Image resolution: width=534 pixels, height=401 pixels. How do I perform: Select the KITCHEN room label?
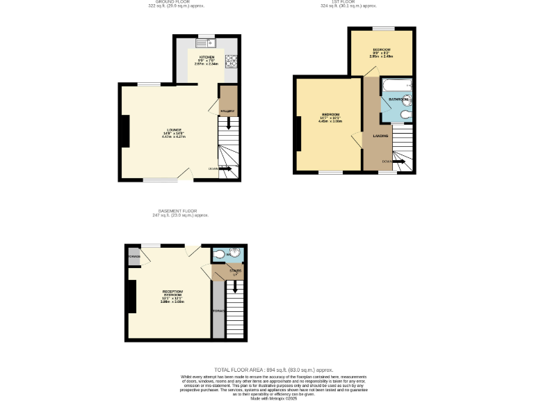[x=207, y=56]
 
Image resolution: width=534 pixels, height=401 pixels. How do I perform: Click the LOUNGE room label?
[x=168, y=130]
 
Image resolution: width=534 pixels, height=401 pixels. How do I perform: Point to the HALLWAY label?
[x=227, y=111]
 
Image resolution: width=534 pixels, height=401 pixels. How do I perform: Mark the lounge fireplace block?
[x=125, y=131]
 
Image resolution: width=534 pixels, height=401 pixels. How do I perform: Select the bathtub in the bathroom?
[x=397, y=86]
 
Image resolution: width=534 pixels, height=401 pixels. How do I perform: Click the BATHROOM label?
[x=398, y=100]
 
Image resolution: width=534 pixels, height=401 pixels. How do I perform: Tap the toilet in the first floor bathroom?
[x=408, y=116]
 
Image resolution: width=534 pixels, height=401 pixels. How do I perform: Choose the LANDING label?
[x=380, y=136]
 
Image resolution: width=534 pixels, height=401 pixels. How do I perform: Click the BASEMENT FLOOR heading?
[x=180, y=210]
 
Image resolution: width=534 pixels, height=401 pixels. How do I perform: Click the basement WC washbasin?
[x=219, y=255]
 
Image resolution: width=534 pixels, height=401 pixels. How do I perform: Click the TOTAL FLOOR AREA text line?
[x=273, y=369]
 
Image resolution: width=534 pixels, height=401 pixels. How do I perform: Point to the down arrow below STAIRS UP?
[x=235, y=285]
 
